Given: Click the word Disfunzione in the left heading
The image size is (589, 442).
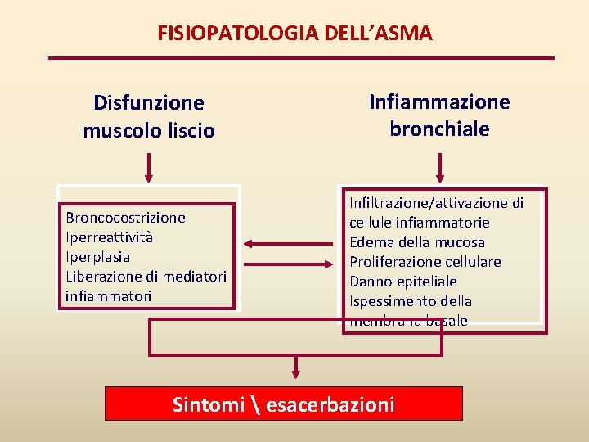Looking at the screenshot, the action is tap(148, 103).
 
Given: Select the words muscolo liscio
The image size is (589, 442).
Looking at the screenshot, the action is tap(148, 130).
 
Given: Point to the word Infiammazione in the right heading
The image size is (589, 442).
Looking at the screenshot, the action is tap(439, 102).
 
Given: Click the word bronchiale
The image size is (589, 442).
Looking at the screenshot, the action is tap(439, 129).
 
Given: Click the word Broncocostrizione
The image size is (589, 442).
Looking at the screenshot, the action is tap(125, 218).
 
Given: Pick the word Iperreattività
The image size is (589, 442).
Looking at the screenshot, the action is tap(109, 237).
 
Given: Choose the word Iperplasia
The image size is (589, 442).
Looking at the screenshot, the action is tap(97, 257).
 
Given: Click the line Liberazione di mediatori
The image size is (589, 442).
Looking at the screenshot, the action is tap(146, 277).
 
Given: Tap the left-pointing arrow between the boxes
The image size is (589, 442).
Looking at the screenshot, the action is tap(263, 243).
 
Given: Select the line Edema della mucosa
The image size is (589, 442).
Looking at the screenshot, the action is tap(416, 242).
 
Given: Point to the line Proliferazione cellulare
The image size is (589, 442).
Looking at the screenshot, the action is tap(425, 262).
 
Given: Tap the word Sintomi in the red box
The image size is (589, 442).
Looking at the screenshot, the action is tap(209, 404).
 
